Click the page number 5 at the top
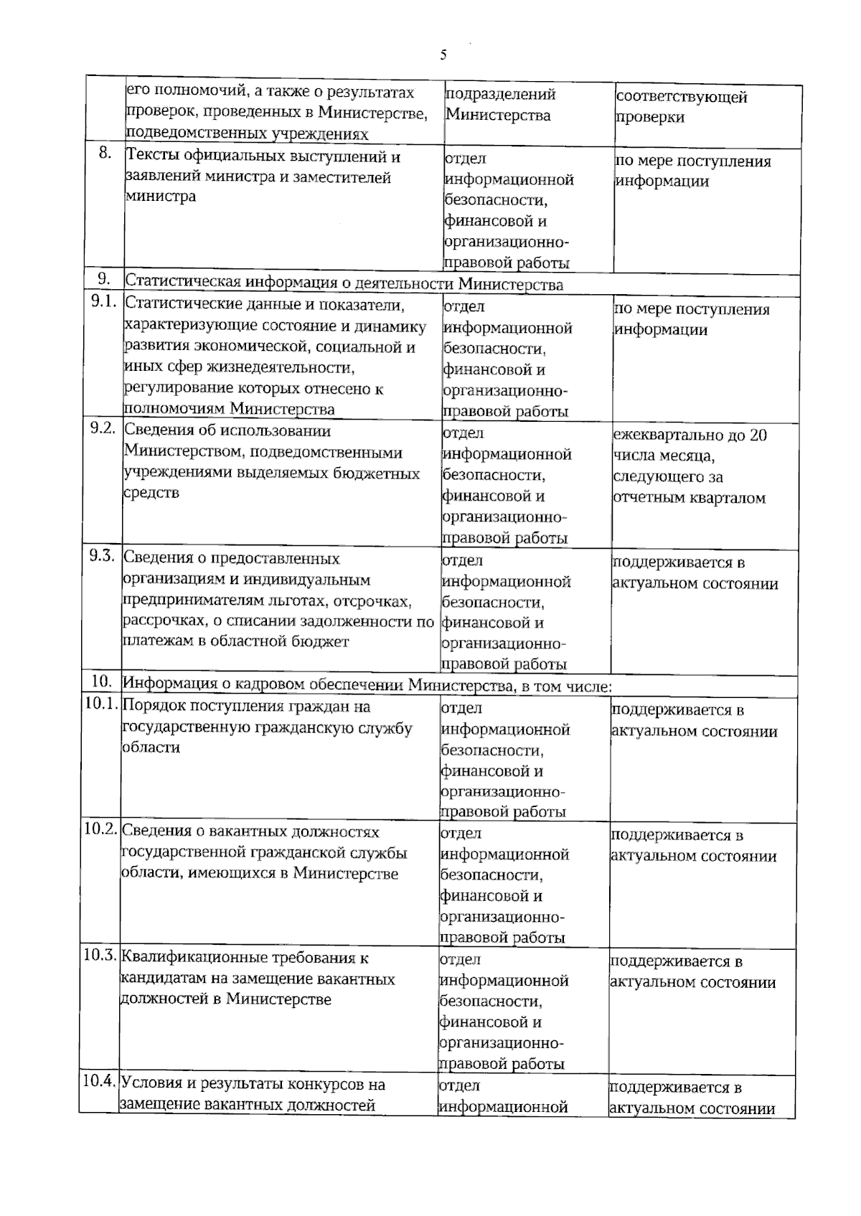(443, 55)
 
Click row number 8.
(105, 154)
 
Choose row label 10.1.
(100, 704)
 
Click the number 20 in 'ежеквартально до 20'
(758, 435)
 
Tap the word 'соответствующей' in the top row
(682, 97)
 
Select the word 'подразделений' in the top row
(501, 95)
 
